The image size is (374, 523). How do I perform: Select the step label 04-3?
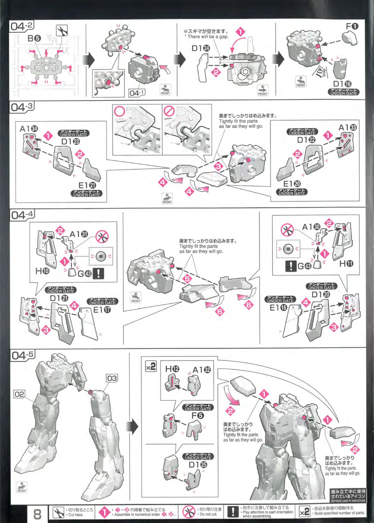pyautogui.click(x=22, y=107)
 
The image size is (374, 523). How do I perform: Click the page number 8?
pyautogui.click(x=37, y=514)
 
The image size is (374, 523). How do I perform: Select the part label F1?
pyautogui.click(x=352, y=26)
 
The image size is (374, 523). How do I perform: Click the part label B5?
pyautogui.click(x=35, y=38)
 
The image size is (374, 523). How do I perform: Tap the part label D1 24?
pyautogui.click(x=201, y=48)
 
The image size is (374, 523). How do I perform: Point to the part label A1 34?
pyautogui.click(x=29, y=129)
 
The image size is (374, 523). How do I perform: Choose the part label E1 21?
pyautogui.click(x=87, y=185)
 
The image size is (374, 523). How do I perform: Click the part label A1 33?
pyautogui.click(x=347, y=128)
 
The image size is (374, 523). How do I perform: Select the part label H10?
pyautogui.click(x=43, y=271)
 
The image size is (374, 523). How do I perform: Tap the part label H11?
pyautogui.click(x=346, y=264)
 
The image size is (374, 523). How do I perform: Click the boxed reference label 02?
pyautogui.click(x=20, y=394)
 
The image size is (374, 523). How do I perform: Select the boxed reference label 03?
pyautogui.click(x=112, y=378)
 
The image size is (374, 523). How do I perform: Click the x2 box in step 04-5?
pyautogui.click(x=151, y=367)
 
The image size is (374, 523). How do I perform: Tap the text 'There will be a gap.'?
pyautogui.click(x=208, y=37)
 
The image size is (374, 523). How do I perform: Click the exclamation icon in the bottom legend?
pyautogui.click(x=233, y=511)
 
